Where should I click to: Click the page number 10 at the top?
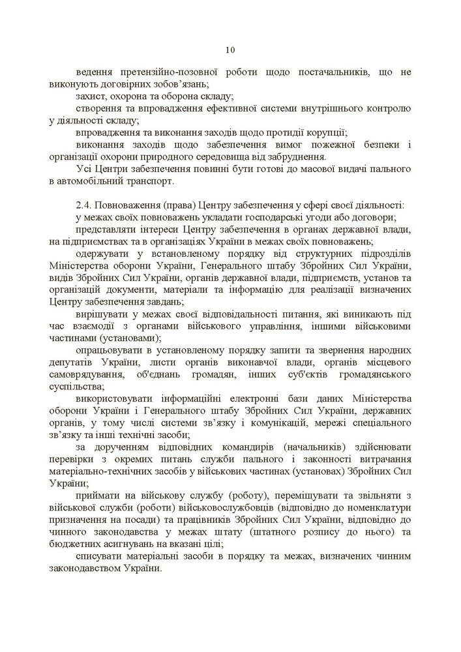click(230, 50)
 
